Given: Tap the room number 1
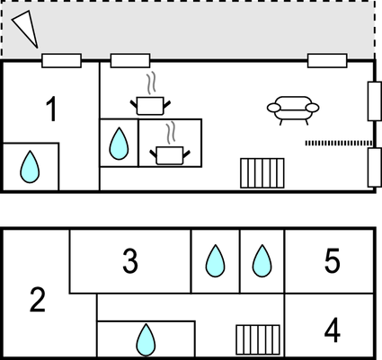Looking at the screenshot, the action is point(51,110).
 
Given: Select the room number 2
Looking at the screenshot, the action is point(38,300).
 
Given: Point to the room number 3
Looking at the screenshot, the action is point(130,261).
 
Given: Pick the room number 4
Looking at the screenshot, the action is point(333,330).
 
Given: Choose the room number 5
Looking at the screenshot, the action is point(333,260).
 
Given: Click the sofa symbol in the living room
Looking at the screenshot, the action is point(293,110).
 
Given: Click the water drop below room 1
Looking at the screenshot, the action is point(30,167).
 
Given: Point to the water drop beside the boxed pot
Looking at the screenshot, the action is point(119,144).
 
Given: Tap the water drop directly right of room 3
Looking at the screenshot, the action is point(215,261).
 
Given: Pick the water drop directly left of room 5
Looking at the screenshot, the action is point(262,261).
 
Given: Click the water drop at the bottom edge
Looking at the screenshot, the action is point(146,340).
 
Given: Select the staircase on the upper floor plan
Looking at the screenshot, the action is point(262,173).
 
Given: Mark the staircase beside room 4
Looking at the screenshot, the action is point(258,340).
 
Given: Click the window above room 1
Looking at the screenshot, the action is point(61,61).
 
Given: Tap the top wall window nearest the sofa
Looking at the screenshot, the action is point(327,61).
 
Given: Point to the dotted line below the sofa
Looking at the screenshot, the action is point(339,144).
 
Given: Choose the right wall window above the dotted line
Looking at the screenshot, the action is point(375,101).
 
